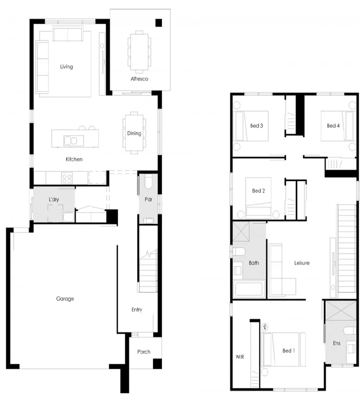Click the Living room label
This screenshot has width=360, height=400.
[x=66, y=66]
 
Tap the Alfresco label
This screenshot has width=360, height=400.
[x=139, y=79]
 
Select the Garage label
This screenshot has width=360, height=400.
[x=65, y=299]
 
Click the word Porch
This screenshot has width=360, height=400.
[x=144, y=352]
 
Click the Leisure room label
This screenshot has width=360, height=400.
[x=302, y=263]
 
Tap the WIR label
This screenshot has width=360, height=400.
[x=240, y=357]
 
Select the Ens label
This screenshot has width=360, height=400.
[x=337, y=343]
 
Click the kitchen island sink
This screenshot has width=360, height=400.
[x=70, y=140]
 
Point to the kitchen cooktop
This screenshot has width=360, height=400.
[x=66, y=177]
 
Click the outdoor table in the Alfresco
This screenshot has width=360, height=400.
[x=139, y=51]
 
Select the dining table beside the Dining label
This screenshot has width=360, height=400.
[x=134, y=133]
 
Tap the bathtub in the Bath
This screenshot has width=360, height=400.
[x=248, y=289]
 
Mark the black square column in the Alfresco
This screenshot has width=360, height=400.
[x=159, y=23]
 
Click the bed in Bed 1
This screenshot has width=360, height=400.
[x=284, y=350]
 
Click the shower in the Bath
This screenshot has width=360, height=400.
[x=243, y=232]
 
